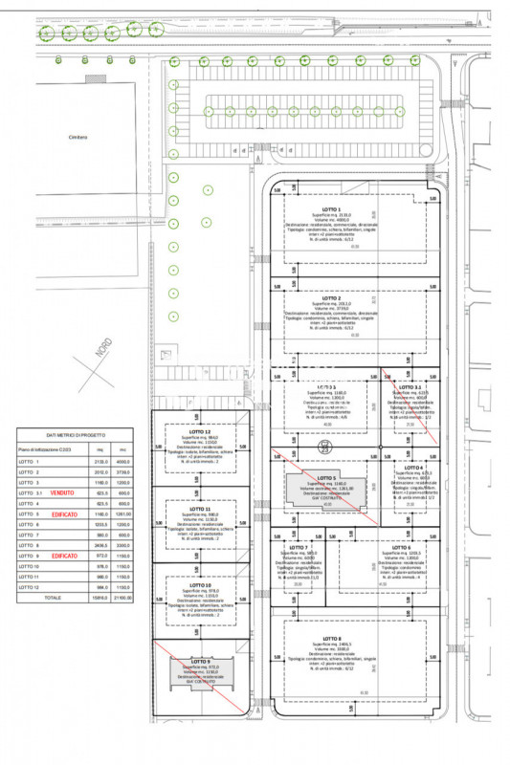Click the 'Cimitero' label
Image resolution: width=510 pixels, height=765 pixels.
[x=78, y=137]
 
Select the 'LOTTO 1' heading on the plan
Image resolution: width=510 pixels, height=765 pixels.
[x=333, y=208]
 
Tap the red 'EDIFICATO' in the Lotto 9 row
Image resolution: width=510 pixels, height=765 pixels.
[x=64, y=555]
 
